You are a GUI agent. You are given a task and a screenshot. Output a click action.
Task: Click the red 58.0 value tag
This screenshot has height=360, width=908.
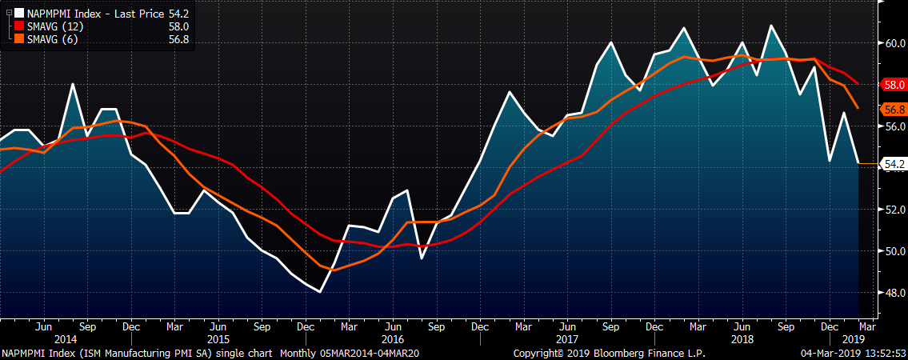[x=894, y=84]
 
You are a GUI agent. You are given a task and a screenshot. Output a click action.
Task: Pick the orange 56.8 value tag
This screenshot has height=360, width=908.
[x=894, y=109]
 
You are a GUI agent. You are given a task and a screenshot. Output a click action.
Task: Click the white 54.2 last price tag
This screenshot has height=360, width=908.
[x=894, y=164]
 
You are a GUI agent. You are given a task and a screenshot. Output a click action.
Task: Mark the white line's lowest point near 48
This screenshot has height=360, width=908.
[x=320, y=292]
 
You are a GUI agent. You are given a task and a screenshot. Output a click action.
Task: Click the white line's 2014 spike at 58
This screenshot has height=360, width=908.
[x=72, y=84]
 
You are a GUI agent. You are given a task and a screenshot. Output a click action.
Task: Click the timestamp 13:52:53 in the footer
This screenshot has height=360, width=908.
[x=877, y=353]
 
